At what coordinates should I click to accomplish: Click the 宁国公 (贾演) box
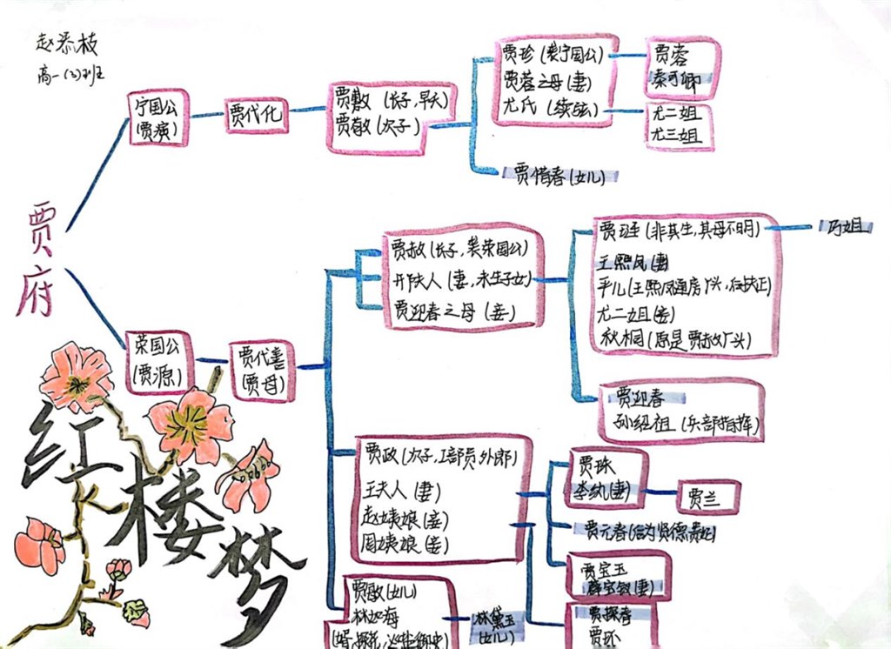coord(157,117)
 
